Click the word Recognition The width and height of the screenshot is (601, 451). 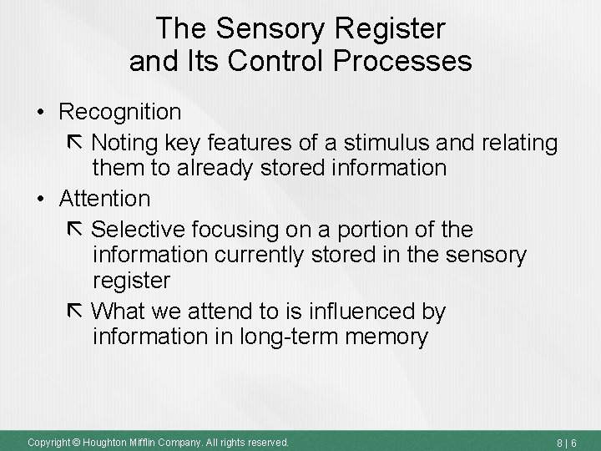pos(120,112)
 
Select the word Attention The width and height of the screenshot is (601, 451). pos(105,199)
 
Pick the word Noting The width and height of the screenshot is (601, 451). pos(128,143)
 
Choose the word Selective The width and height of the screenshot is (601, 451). pos(139,229)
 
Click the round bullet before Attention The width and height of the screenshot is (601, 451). pos(41,200)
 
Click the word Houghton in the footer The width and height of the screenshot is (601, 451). pos(103,441)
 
